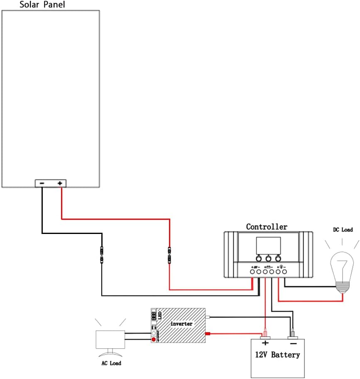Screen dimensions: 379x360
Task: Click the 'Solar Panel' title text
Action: pyautogui.click(x=42, y=5)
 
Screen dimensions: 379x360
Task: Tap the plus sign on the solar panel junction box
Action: pyautogui.click(x=60, y=183)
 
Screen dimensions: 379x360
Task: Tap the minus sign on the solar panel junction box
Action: pyautogui.click(x=42, y=183)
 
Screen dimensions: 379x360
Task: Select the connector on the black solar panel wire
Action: pyautogui.click(x=102, y=255)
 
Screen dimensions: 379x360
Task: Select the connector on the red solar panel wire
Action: pyautogui.click(x=169, y=255)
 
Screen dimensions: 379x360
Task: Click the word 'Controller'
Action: pyautogui.click(x=267, y=227)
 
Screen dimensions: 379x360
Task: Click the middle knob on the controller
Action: pyautogui.click(x=268, y=258)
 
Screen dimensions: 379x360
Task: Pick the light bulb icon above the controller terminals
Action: pyautogui.click(x=281, y=266)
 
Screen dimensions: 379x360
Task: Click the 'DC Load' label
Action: pyautogui.click(x=343, y=229)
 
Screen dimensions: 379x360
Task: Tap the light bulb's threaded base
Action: pyautogui.click(x=343, y=287)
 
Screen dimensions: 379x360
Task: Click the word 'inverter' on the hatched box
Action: pyautogui.click(x=181, y=323)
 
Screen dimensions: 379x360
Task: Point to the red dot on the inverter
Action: pyautogui.click(x=154, y=340)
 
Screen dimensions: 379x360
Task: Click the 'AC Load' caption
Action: pyautogui.click(x=111, y=363)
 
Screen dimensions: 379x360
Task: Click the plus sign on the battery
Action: pyautogui.click(x=265, y=343)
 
